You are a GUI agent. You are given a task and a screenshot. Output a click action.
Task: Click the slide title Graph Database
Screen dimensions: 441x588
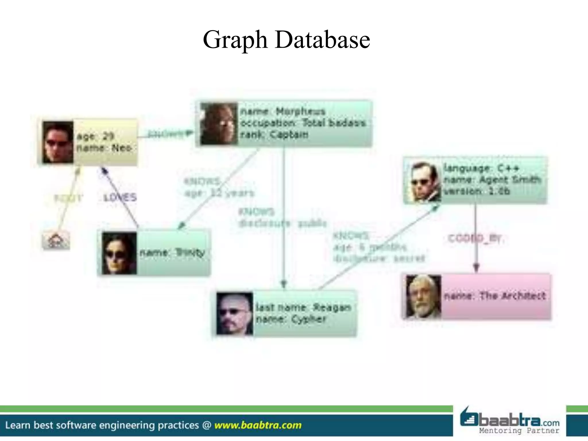click(x=286, y=40)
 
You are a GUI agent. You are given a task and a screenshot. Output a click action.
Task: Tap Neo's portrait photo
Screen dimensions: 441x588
click(x=58, y=142)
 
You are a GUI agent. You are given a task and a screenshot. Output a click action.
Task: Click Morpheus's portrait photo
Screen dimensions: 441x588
click(x=219, y=124)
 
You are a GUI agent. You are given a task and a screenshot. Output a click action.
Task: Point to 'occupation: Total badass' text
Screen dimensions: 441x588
click(x=303, y=123)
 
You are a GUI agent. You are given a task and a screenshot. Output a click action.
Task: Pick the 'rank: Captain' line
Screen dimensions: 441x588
click(x=274, y=134)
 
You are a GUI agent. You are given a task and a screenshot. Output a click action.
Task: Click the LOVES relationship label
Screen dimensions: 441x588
click(x=120, y=198)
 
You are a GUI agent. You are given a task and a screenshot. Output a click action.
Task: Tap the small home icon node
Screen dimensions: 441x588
click(x=56, y=240)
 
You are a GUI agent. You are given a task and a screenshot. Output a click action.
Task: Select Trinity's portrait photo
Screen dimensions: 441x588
click(x=119, y=253)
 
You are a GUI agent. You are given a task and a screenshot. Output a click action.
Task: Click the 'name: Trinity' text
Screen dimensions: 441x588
click(x=172, y=253)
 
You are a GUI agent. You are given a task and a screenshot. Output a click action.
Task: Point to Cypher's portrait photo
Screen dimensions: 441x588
click(x=234, y=314)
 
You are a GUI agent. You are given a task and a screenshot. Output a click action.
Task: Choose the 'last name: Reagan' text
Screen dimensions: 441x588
click(x=303, y=307)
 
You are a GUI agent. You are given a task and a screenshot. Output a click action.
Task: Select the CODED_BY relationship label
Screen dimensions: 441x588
click(x=475, y=239)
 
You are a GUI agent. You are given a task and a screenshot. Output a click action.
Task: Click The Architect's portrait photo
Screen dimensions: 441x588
click(x=423, y=296)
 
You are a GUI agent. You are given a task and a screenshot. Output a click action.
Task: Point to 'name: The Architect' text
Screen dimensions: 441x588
click(x=494, y=296)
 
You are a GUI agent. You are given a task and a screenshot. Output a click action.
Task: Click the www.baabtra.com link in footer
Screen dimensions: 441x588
click(x=258, y=425)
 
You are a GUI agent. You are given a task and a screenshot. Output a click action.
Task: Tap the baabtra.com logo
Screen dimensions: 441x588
click(x=510, y=421)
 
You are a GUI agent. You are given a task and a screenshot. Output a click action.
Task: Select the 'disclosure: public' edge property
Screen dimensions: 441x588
click(x=283, y=223)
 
